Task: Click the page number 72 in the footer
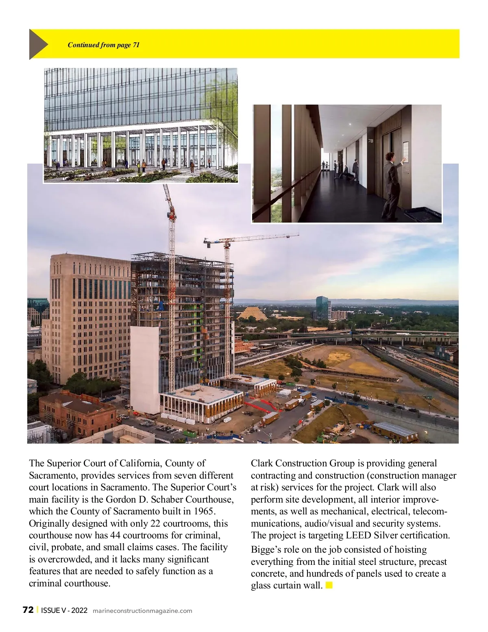(x=28, y=610)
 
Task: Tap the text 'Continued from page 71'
(x=103, y=45)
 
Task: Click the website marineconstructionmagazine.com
(x=142, y=610)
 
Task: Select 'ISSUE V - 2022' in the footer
(x=64, y=610)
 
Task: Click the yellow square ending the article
(x=329, y=585)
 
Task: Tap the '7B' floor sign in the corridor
(x=370, y=141)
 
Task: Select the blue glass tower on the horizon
(x=322, y=308)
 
